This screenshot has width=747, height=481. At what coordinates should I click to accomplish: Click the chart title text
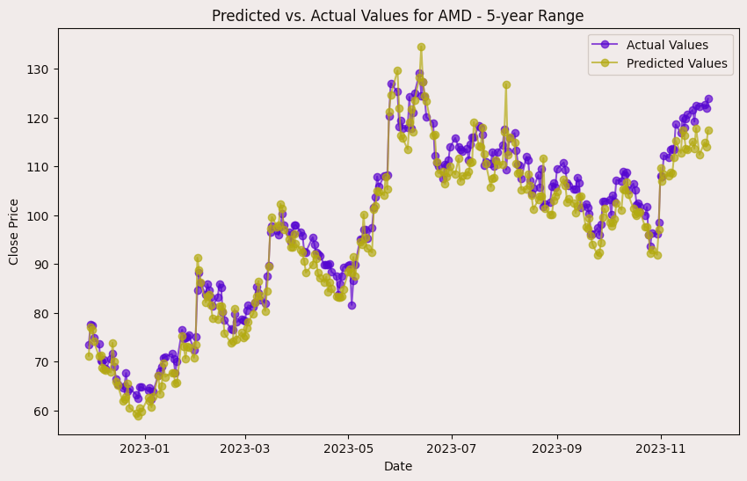(x=397, y=16)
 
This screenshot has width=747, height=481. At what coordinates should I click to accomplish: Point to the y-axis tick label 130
(x=40, y=69)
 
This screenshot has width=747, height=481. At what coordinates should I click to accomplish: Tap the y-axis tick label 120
(x=40, y=118)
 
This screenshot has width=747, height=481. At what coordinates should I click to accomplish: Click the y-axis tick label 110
(x=40, y=167)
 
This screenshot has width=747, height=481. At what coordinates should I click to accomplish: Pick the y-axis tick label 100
(x=40, y=215)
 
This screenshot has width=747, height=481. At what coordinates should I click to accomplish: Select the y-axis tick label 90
(x=42, y=265)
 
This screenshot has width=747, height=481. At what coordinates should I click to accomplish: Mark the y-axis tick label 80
(x=42, y=313)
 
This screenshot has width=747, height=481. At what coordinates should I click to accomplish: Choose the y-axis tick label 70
(x=42, y=362)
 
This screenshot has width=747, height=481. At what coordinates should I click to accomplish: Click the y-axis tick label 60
(x=42, y=411)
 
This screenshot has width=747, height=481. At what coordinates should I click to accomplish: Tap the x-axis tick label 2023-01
(x=145, y=448)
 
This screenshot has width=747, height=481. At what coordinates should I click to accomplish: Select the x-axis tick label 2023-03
(x=245, y=448)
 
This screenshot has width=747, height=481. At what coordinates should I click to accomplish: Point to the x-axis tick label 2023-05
(x=348, y=448)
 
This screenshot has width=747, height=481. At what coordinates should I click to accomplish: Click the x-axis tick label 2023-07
(x=452, y=448)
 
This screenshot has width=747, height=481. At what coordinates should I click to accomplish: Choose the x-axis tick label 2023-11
(x=660, y=448)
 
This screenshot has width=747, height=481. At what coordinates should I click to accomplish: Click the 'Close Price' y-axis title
(x=14, y=231)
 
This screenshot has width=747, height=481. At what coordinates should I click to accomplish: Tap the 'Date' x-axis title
(x=397, y=466)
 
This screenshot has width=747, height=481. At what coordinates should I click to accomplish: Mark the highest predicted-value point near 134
(x=421, y=47)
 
